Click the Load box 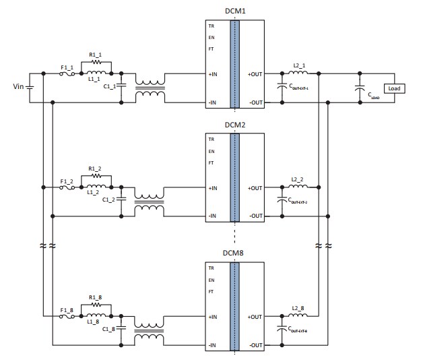click(394, 88)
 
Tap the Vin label click(18, 87)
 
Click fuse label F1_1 click(67, 67)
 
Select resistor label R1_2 click(95, 169)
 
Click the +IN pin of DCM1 click(213, 73)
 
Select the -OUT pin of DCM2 click(255, 216)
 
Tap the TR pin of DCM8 click(211, 268)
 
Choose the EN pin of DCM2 click(211, 152)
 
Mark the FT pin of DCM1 click(211, 49)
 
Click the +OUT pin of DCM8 click(255, 316)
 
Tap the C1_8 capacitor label click(109, 328)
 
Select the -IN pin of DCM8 click(212, 345)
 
